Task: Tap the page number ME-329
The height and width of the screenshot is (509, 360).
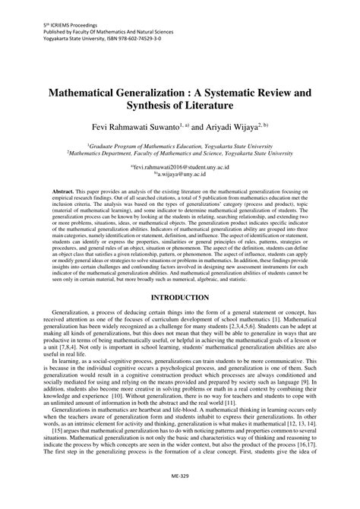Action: [x=180, y=494]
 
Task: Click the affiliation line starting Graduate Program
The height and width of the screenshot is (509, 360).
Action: [x=180, y=144]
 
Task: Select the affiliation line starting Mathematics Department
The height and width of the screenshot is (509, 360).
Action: [x=180, y=152]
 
